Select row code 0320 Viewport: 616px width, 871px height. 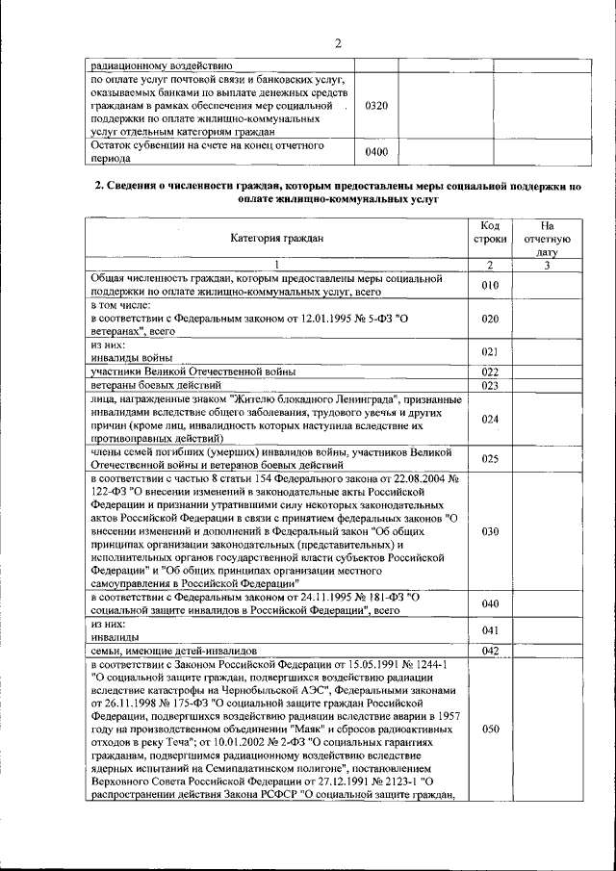point(376,104)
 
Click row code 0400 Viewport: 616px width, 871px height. point(376,152)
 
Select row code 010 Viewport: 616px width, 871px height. point(490,285)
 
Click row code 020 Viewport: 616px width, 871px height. point(490,318)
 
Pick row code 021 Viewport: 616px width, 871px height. point(490,351)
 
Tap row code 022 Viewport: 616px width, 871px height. point(490,371)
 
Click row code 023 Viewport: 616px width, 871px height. point(490,385)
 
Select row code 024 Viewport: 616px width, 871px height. point(490,419)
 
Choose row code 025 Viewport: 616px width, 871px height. point(490,459)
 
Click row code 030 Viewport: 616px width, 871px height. point(490,531)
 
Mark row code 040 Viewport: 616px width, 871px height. point(490,603)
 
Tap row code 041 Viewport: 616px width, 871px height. point(490,630)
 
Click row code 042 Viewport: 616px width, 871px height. point(490,651)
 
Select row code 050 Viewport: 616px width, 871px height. point(490,730)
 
